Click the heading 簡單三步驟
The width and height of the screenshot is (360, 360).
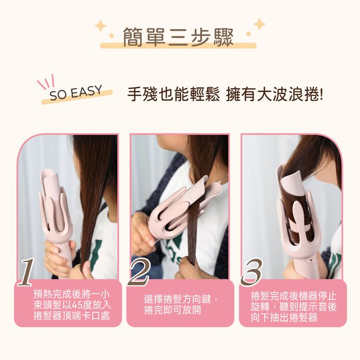[178, 37]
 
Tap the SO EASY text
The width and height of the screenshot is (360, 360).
[76, 93]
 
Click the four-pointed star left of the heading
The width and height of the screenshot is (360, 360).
[101, 26]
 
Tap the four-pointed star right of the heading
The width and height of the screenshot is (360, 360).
[259, 24]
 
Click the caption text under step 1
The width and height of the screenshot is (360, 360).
[72, 305]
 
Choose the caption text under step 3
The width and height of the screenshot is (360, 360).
[293, 307]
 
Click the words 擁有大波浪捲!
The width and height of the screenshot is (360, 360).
[274, 94]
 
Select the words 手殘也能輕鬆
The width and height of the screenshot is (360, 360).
[173, 94]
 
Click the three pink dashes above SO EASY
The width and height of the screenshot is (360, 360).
[46, 82]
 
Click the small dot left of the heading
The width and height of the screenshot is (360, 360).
[112, 36]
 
